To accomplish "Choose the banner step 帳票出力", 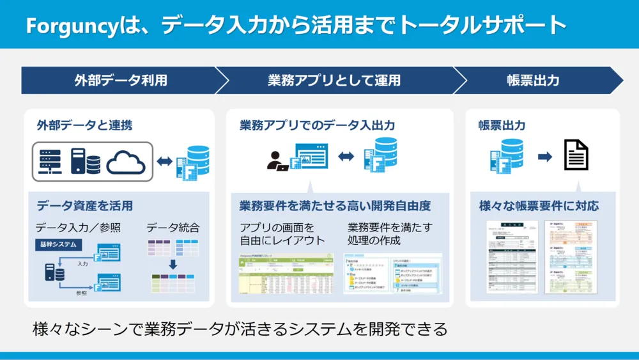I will click(533, 81).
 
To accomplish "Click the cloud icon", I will click(126, 162).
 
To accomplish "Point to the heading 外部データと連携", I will click(84, 125).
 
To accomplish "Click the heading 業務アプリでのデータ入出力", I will click(317, 125).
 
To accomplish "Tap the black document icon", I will click(576, 155).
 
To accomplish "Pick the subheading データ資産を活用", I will click(84, 206).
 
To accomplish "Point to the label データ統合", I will click(173, 228).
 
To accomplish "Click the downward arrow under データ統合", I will click(173, 265).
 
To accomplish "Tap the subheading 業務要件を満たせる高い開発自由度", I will click(335, 206).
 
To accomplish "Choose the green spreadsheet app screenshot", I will click(286, 273).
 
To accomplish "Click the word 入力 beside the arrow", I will click(82, 263).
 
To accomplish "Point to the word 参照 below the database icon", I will click(81, 293).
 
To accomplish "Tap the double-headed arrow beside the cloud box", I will click(165, 162).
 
